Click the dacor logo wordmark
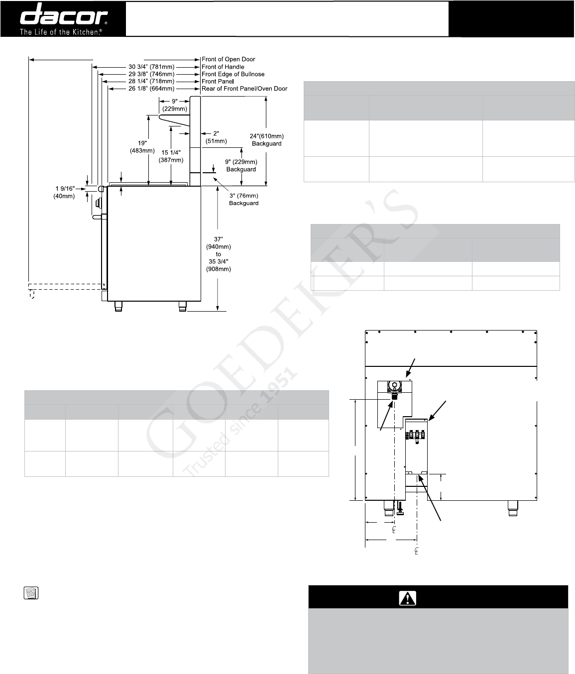(x=64, y=14)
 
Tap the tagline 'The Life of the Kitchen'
(x=61, y=32)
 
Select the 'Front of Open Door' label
(x=229, y=59)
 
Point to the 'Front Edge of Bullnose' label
(x=233, y=74)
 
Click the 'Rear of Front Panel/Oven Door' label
(x=244, y=89)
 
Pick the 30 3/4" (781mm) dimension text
(x=151, y=67)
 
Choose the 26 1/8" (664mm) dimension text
(x=151, y=89)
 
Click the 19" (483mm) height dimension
(x=142, y=147)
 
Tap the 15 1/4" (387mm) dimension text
(x=171, y=156)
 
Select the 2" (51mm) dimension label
(x=216, y=137)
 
